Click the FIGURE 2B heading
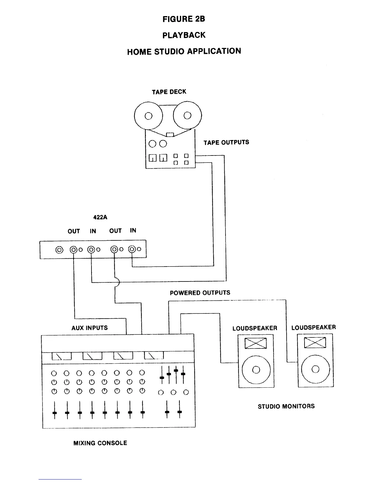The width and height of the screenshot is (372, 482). point(184,19)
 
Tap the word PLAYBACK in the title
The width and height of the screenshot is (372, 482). point(184,35)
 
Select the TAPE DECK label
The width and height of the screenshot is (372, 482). point(169,92)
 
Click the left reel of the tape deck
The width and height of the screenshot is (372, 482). point(148,116)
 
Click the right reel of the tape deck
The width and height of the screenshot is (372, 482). point(188,116)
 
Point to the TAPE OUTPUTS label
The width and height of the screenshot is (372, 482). point(226,142)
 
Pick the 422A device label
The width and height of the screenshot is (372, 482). point(100,218)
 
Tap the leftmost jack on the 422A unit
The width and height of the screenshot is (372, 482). point(59,250)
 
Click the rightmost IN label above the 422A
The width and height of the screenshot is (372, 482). point(133,230)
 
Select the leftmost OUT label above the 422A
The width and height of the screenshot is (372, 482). point(74,231)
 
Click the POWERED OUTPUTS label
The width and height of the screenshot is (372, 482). point(200,293)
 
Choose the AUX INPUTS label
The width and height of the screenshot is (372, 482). point(90,328)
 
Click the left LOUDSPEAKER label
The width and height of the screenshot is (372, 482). point(255,328)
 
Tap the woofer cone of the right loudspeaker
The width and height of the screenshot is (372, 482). point(315,369)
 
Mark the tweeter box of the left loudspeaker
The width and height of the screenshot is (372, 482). point(256,343)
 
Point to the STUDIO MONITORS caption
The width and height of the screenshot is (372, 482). point(286,406)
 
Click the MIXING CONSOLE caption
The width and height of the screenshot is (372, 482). point(100,443)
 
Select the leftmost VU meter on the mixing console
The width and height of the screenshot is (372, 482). point(62,356)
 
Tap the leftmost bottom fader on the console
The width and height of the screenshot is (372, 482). point(55,413)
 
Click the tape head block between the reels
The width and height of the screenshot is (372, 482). point(170,134)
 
